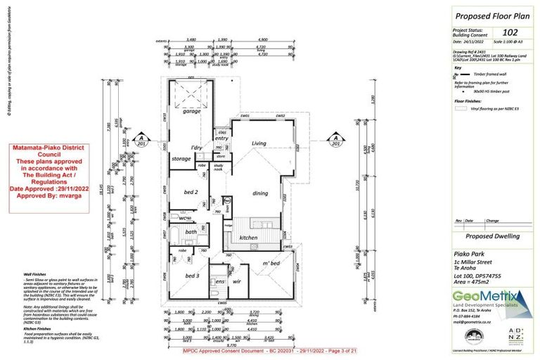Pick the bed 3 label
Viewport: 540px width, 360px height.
[192, 276]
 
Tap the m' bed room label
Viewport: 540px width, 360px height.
[271, 262]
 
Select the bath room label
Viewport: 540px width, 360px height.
[191, 231]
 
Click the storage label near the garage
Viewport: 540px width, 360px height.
[181, 158]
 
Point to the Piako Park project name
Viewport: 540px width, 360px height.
[467, 252]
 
